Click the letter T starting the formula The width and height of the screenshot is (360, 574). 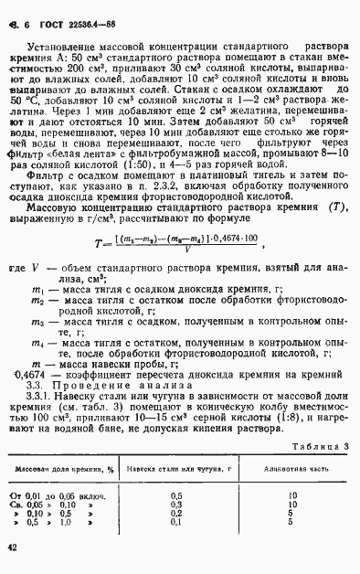point(122,242)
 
